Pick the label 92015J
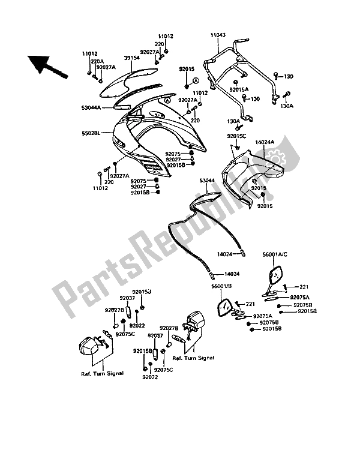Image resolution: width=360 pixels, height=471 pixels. click(x=142, y=291)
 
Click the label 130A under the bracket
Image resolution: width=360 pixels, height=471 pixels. click(x=234, y=121)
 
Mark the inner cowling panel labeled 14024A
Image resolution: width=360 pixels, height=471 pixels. click(x=255, y=174)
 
